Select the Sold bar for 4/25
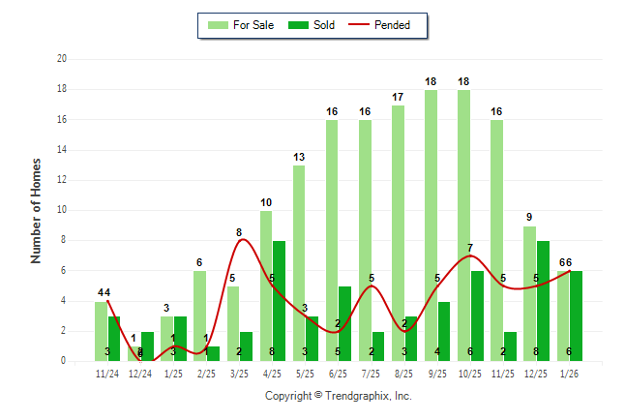(279, 301)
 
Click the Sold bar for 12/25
(544, 301)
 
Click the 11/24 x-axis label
(107, 372)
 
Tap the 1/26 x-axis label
(569, 372)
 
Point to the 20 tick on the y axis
(61, 59)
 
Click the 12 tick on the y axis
(61, 180)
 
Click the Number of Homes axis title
(37, 210)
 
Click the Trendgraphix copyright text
(339, 396)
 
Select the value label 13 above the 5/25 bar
(299, 157)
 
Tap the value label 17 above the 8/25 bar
(398, 97)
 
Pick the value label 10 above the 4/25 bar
(266, 202)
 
